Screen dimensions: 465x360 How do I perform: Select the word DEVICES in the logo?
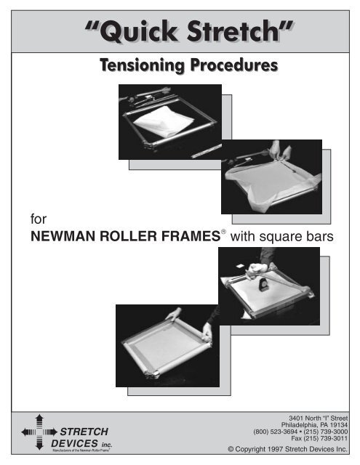coord(76,442)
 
